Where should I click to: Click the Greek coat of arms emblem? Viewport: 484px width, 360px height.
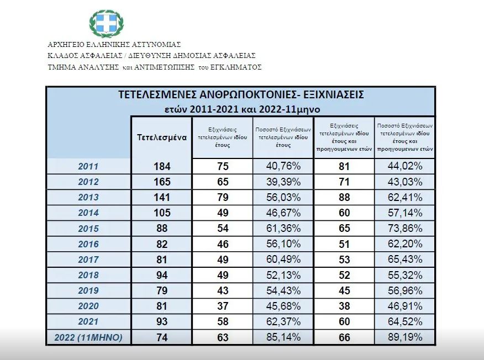(x=106, y=23)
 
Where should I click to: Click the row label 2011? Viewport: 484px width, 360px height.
(x=88, y=166)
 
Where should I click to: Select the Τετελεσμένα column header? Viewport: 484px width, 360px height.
(x=161, y=137)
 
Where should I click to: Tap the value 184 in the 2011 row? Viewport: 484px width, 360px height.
(x=161, y=166)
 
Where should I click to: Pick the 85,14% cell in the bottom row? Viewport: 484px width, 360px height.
(x=282, y=337)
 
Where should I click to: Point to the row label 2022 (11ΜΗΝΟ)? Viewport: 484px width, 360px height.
(x=88, y=337)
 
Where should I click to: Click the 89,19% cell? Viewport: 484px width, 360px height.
(x=404, y=337)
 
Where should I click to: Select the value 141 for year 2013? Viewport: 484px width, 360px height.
(x=161, y=197)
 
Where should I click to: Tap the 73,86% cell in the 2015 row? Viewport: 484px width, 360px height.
(x=404, y=228)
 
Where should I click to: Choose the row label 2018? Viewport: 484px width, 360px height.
(x=88, y=275)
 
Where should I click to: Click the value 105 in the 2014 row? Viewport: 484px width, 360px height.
(x=161, y=213)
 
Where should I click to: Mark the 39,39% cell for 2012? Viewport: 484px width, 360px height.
(x=282, y=182)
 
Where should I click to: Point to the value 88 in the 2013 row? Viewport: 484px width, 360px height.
(x=343, y=197)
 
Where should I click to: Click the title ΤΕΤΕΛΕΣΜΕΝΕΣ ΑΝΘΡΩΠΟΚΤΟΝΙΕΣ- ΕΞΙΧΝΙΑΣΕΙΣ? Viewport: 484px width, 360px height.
(x=241, y=94)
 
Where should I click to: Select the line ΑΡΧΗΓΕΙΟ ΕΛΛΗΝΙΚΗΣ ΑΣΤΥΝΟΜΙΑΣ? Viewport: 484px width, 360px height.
(x=114, y=44)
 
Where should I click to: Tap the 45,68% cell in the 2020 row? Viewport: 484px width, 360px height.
(x=282, y=306)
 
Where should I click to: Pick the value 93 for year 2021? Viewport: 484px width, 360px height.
(x=161, y=321)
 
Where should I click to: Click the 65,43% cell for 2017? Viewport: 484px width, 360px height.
(x=404, y=260)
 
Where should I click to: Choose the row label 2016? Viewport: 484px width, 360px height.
(x=88, y=244)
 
